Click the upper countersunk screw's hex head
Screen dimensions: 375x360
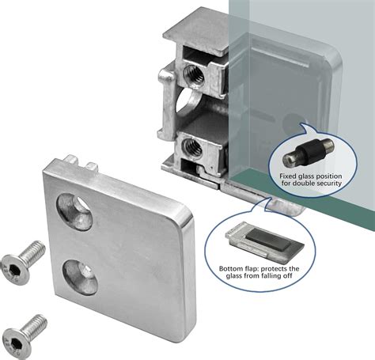click(15, 268)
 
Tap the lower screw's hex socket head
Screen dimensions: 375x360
click(17, 342)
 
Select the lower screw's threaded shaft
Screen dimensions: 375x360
click(35, 326)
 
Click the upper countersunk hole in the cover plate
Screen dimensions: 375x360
click(75, 212)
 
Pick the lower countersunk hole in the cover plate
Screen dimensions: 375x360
click(80, 278)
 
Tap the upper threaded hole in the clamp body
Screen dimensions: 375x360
click(194, 74)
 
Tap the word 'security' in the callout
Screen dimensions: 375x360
click(328, 183)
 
